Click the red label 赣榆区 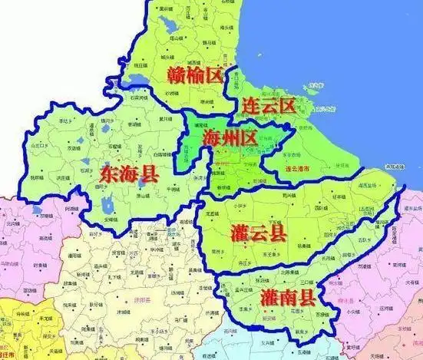tap(194, 75)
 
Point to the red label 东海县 tap(129, 174)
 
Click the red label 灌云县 tap(258, 233)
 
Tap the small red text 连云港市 tap(297, 167)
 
